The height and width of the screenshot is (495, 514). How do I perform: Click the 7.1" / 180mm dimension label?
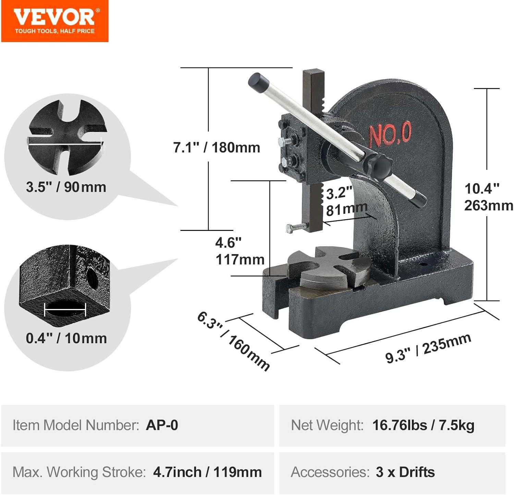coord(217,148)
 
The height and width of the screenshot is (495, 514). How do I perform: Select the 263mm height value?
coord(488,206)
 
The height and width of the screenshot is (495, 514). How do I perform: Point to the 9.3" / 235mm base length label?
coord(428,348)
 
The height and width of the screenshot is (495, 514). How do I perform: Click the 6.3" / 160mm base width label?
coord(233,341)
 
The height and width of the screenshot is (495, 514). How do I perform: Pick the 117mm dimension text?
coord(240,260)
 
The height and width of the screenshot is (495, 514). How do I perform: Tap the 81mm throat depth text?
coord(346,209)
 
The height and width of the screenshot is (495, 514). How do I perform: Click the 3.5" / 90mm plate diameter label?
coord(66,187)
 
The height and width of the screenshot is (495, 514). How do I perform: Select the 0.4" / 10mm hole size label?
coord(66,338)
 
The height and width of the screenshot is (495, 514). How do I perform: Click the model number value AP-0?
coord(162,425)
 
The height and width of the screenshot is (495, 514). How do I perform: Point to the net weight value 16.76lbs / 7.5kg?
coord(423,425)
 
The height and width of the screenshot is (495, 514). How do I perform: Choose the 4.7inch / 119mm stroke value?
coord(207,472)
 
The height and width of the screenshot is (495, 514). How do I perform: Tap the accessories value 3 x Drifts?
coord(405,472)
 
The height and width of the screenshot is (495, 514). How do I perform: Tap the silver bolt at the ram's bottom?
coord(295,228)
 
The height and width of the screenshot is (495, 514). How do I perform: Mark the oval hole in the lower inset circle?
coord(65,309)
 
